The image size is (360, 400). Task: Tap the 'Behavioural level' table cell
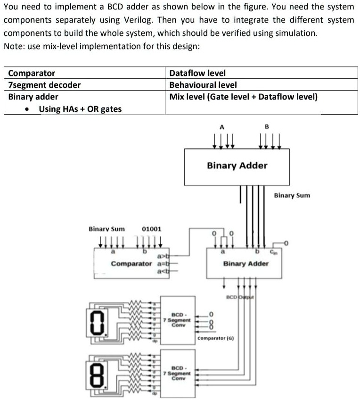[203, 85]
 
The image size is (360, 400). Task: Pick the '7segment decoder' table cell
[45, 85]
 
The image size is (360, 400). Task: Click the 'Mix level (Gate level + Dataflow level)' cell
[243, 97]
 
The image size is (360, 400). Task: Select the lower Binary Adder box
[245, 263]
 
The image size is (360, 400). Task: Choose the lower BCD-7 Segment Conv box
[178, 372]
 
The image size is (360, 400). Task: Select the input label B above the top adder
[267, 126]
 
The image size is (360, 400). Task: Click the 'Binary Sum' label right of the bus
[292, 195]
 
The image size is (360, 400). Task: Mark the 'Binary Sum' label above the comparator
[107, 229]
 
